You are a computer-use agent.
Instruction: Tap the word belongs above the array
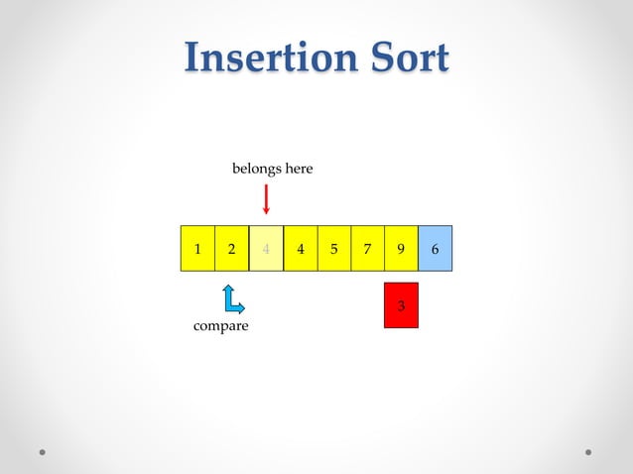coord(255,169)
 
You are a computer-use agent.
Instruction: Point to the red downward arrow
coord(266,197)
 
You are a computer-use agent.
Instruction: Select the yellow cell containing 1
coord(197,249)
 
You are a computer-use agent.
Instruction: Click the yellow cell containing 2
coord(231,249)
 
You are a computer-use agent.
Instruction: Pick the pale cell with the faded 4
coord(266,249)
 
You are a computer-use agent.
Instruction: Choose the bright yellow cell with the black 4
coord(300,249)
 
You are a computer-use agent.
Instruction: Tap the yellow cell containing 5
coord(333,249)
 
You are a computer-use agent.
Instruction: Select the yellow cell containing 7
coord(367,249)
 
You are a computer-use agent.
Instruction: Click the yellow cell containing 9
coord(401,249)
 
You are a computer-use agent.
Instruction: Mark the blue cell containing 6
coord(435,249)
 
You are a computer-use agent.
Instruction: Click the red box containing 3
coord(401,305)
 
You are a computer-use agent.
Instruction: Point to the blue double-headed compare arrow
coord(232,299)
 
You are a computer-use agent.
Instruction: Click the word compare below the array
coord(220,326)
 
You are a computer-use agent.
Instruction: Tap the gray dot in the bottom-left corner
coord(43,451)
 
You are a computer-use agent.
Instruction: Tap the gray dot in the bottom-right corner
coord(588,451)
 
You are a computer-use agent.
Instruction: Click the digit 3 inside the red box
coord(401,306)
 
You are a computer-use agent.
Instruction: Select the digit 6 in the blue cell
coord(435,250)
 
